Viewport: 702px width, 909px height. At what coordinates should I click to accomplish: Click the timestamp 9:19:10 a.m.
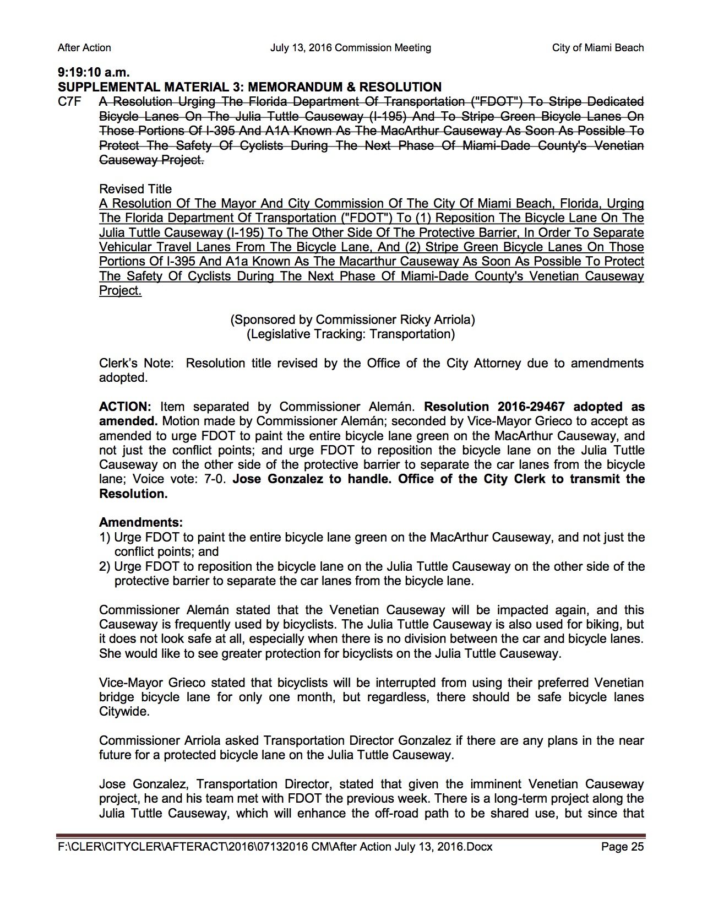(94, 72)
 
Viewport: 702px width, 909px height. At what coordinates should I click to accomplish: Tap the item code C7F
(69, 102)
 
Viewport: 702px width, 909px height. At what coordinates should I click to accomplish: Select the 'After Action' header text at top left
(84, 48)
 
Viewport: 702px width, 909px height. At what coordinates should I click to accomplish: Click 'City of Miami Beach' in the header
(598, 48)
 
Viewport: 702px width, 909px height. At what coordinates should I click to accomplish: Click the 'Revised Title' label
(135, 189)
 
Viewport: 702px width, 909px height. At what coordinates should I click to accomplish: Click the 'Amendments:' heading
(141, 522)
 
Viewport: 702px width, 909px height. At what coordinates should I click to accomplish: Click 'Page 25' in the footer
(622, 847)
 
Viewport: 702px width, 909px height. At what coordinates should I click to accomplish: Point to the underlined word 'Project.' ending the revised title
(120, 291)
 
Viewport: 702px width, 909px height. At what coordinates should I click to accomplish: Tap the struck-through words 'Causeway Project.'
(151, 160)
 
